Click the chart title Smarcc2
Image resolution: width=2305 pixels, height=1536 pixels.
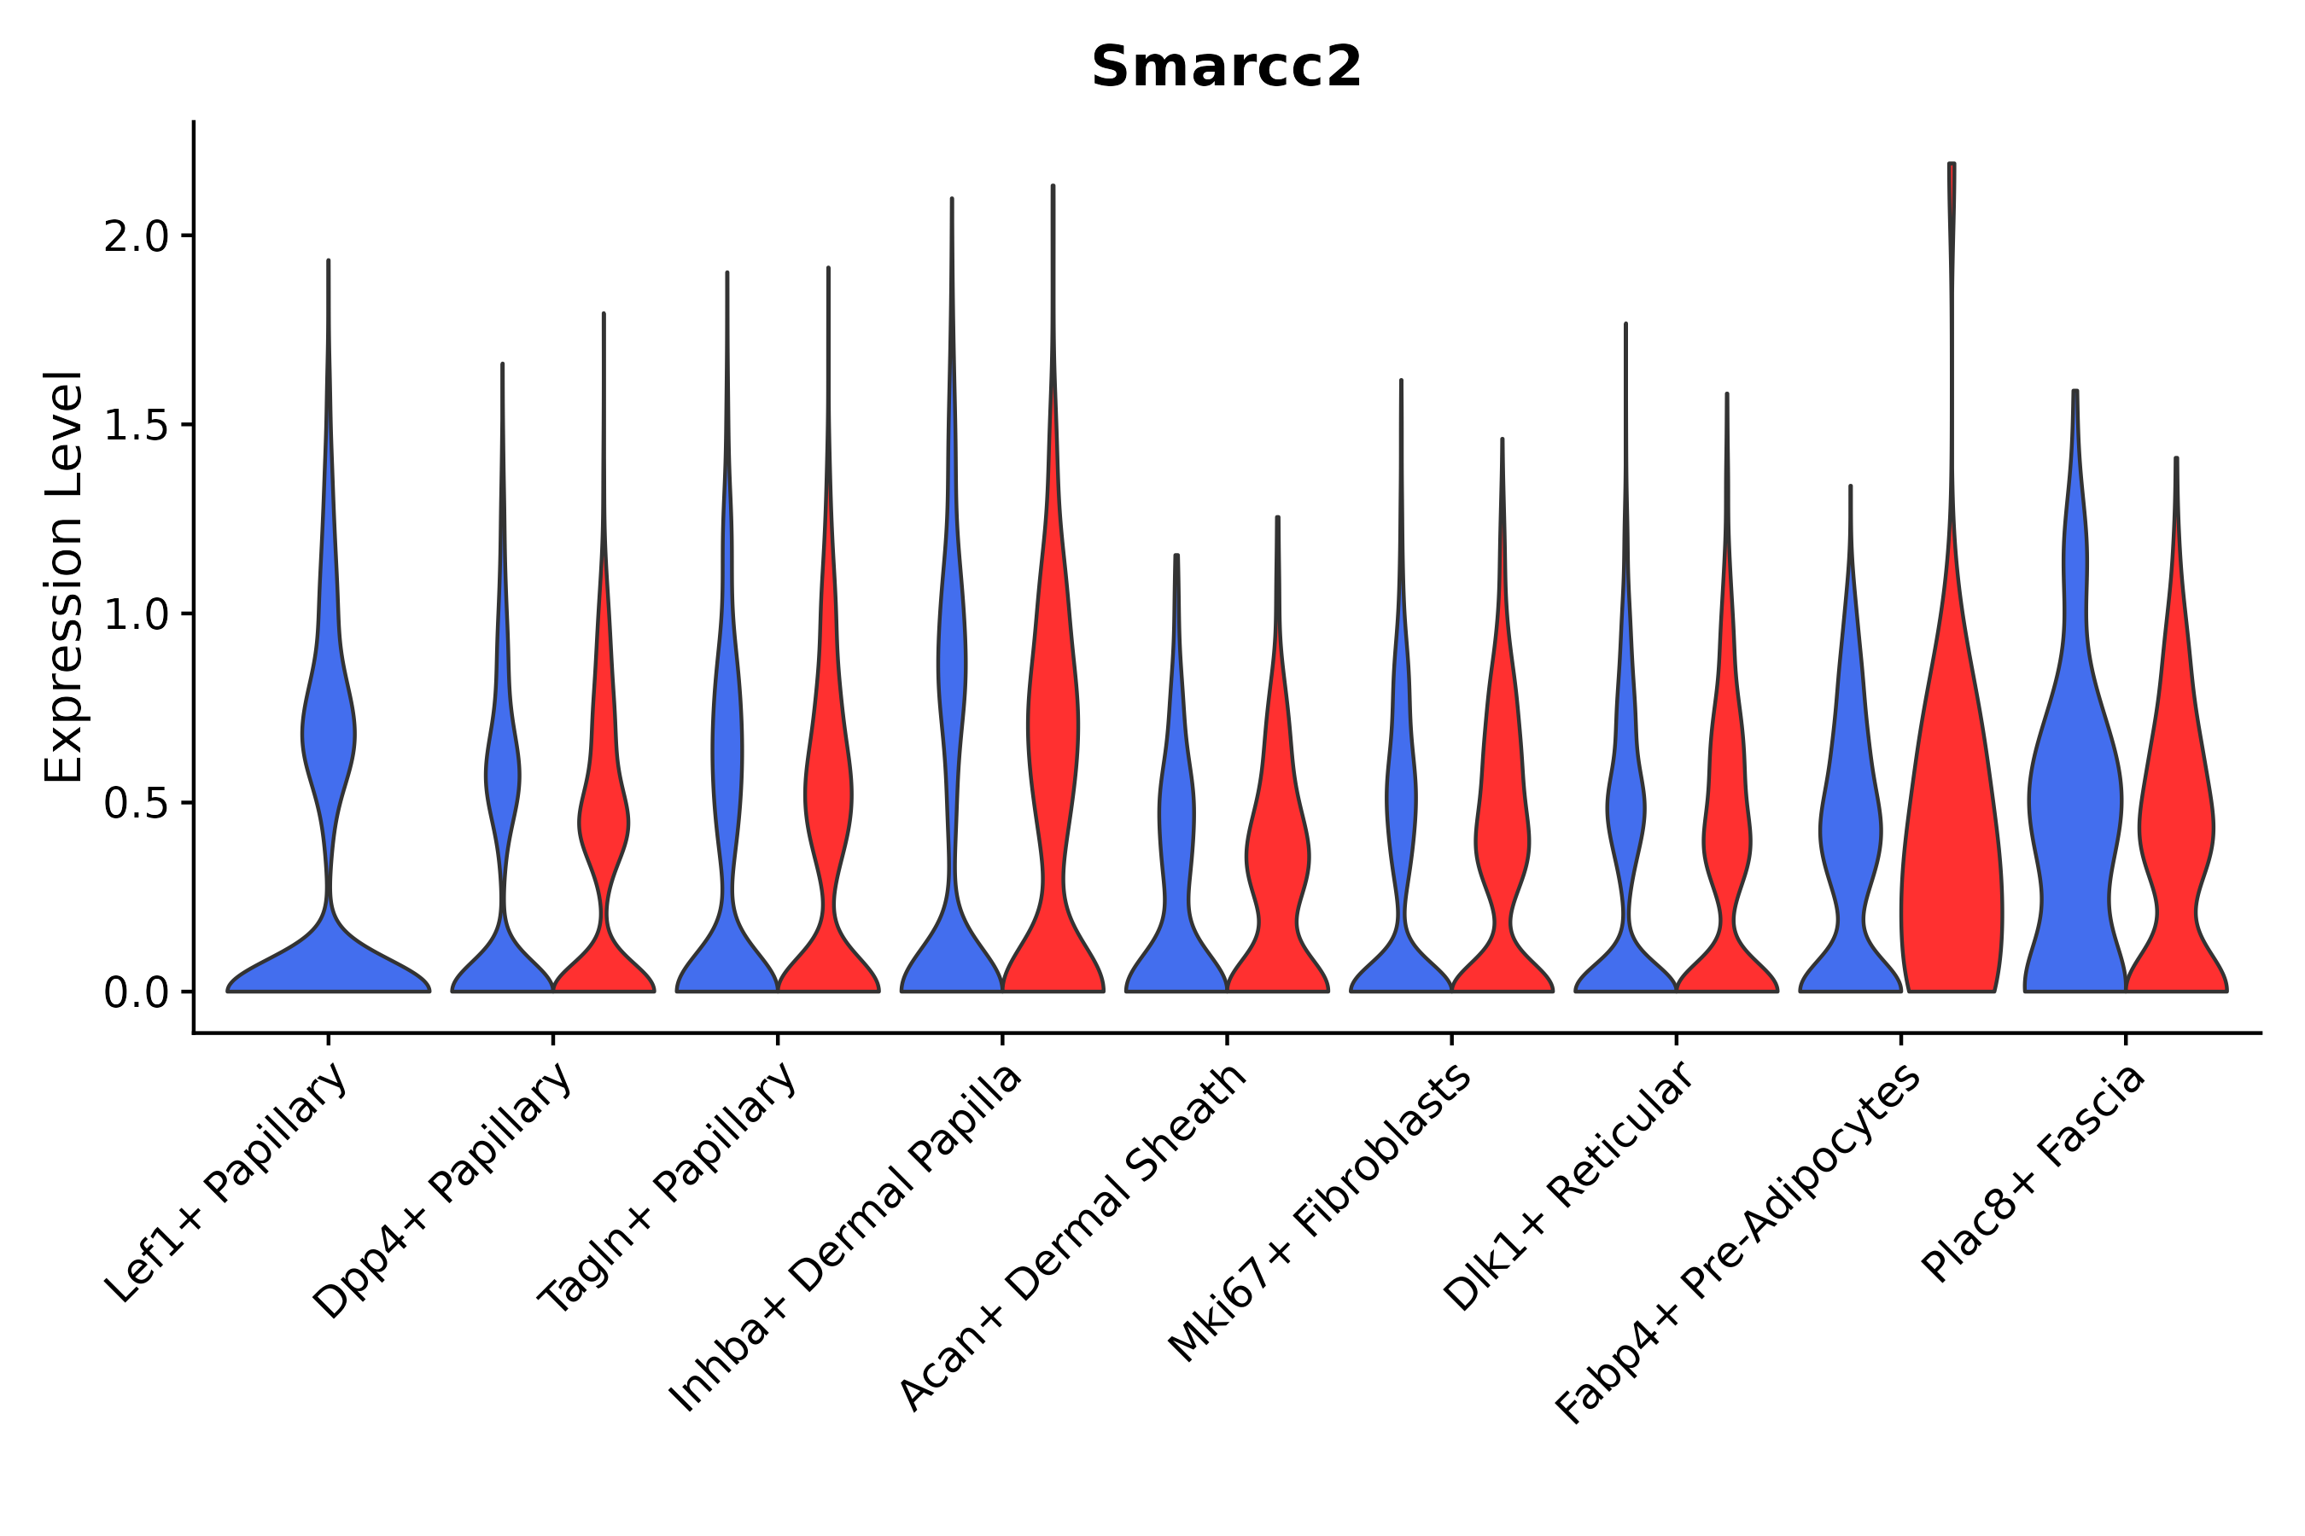[1226, 67]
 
